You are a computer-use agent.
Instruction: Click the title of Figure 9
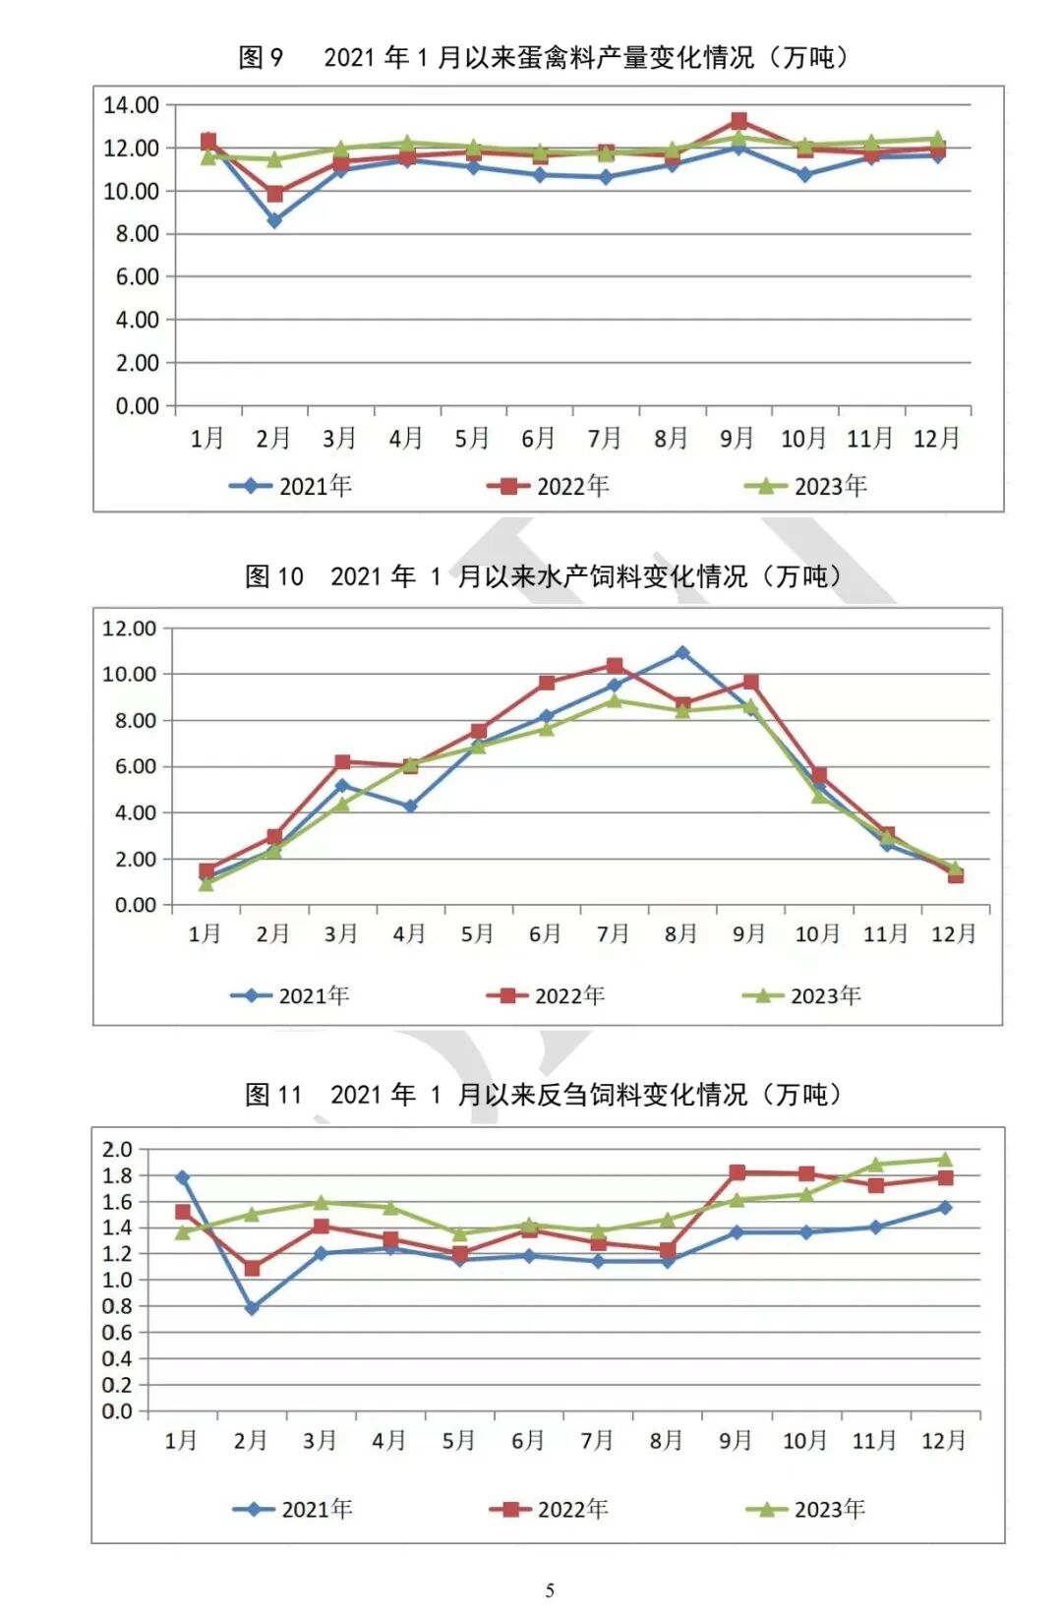point(544,57)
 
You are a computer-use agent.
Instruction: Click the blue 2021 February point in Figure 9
point(274,221)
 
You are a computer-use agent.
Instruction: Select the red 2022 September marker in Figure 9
point(738,121)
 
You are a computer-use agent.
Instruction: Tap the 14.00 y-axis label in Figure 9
point(131,105)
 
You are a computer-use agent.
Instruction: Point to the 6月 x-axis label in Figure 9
point(538,438)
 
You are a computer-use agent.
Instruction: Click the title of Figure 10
point(544,575)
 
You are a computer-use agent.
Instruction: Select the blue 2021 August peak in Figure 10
point(682,653)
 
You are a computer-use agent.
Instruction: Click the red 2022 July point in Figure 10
point(615,666)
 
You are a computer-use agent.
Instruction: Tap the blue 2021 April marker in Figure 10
point(410,807)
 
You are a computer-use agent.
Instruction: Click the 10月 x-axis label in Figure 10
point(817,933)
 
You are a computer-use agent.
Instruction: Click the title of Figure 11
point(544,1094)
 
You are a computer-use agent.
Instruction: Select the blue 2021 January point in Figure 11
point(183,1177)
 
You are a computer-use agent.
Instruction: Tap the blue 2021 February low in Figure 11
point(252,1308)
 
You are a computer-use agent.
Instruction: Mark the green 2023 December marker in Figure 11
point(945,1160)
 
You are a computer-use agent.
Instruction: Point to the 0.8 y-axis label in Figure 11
point(117,1306)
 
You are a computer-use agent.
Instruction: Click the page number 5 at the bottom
point(550,1589)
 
